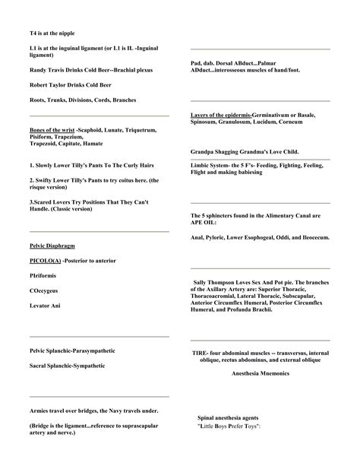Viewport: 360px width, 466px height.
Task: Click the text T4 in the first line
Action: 33,33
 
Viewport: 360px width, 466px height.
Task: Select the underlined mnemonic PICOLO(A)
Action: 45,261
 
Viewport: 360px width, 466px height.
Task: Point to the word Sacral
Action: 39,365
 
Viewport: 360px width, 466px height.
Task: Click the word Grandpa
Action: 204,152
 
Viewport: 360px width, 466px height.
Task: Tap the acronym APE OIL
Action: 203,223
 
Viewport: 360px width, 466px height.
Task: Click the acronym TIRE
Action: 200,353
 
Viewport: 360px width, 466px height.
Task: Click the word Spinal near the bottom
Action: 206,419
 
